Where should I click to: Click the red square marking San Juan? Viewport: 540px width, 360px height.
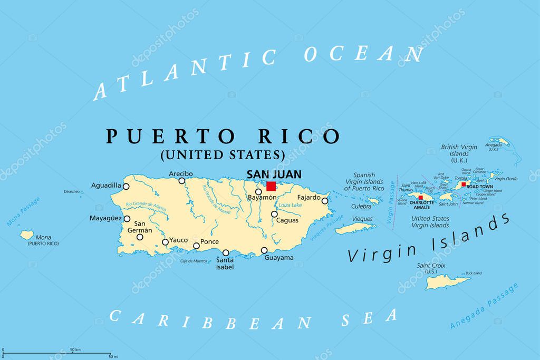coord(271,186)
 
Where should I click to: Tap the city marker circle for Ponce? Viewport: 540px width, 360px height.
coord(197,246)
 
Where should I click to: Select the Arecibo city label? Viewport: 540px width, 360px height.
coord(181,173)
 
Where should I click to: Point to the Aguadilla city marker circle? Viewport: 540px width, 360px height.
coord(126,186)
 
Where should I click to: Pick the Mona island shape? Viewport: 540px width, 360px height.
coord(27,235)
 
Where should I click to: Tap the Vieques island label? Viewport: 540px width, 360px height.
coord(362,219)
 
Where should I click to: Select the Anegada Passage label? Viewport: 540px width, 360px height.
coord(484,307)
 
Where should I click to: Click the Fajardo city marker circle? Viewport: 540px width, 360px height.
coord(325,200)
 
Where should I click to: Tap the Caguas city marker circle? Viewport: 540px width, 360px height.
coord(274,214)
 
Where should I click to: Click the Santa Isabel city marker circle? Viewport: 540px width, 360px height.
coord(226,252)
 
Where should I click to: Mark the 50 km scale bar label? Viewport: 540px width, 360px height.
coord(75,350)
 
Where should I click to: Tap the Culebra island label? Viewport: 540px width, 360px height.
coord(361,207)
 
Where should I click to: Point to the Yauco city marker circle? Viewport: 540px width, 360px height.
coord(165,242)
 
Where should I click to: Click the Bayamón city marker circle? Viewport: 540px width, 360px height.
coord(258,192)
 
